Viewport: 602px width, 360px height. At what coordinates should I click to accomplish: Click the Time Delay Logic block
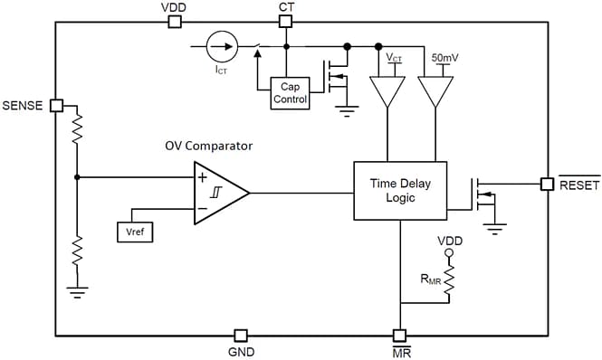tap(400, 191)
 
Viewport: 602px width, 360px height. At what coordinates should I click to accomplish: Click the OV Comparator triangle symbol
tap(218, 193)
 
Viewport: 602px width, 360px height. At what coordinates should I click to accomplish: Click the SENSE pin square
tap(56, 105)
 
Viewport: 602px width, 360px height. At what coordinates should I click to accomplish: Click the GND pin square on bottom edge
tap(241, 334)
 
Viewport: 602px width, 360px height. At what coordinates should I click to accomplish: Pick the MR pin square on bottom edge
tap(399, 334)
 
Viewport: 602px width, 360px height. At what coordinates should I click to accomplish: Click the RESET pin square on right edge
tap(547, 184)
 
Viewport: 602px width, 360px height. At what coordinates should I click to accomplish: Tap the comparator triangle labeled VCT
tap(387, 90)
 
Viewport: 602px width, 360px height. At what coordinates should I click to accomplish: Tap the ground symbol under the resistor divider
tap(77, 291)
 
